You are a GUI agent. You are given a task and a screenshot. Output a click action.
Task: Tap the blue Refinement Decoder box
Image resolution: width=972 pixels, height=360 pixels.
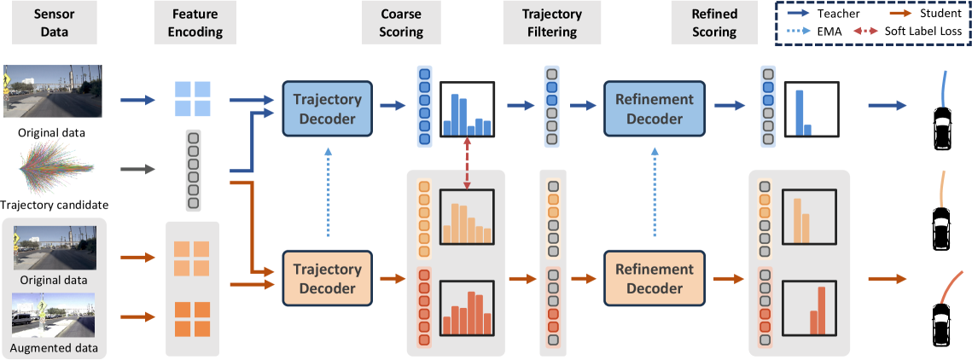[x=654, y=109]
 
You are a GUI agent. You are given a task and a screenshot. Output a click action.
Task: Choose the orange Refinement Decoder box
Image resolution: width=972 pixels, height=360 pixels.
[x=654, y=277]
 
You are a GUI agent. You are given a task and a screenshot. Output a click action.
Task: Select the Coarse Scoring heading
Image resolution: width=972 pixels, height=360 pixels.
[x=403, y=23]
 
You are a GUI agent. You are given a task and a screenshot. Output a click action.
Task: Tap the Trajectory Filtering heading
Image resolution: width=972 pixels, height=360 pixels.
[x=552, y=23]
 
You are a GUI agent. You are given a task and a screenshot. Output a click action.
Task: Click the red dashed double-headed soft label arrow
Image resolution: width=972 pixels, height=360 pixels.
[x=467, y=164]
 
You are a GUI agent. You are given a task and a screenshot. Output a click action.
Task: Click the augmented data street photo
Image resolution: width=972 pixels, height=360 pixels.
[x=53, y=317]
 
